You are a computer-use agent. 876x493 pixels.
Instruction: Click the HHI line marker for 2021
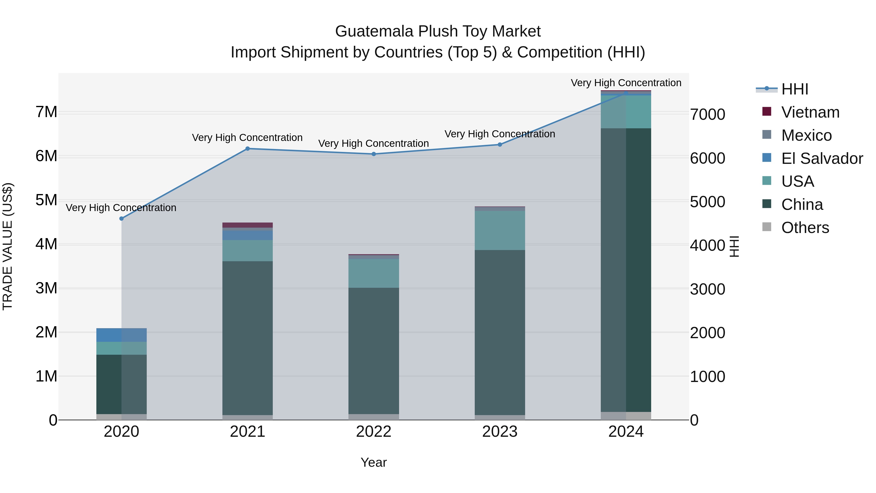247,149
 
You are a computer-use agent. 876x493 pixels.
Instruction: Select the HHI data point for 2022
374,154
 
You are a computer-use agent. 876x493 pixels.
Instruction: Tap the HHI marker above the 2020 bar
121,219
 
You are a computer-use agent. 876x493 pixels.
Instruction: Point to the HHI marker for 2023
500,145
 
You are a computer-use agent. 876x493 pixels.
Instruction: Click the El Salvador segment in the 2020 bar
121,335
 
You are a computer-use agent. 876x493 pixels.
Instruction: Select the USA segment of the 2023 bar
500,230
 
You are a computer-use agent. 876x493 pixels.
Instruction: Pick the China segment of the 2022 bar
374,350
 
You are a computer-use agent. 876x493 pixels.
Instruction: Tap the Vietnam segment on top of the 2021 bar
247,225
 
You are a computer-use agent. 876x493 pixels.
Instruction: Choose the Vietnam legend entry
810,112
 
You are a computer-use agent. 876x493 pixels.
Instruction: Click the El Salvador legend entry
821,158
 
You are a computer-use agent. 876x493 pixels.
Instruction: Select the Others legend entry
805,228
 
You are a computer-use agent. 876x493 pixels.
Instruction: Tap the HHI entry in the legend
794,89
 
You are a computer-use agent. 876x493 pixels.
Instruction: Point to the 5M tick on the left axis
46,200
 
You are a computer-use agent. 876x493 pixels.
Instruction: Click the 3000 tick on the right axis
707,289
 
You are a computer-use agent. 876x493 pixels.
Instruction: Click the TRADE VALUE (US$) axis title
8,246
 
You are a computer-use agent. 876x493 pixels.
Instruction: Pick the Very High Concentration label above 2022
374,144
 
